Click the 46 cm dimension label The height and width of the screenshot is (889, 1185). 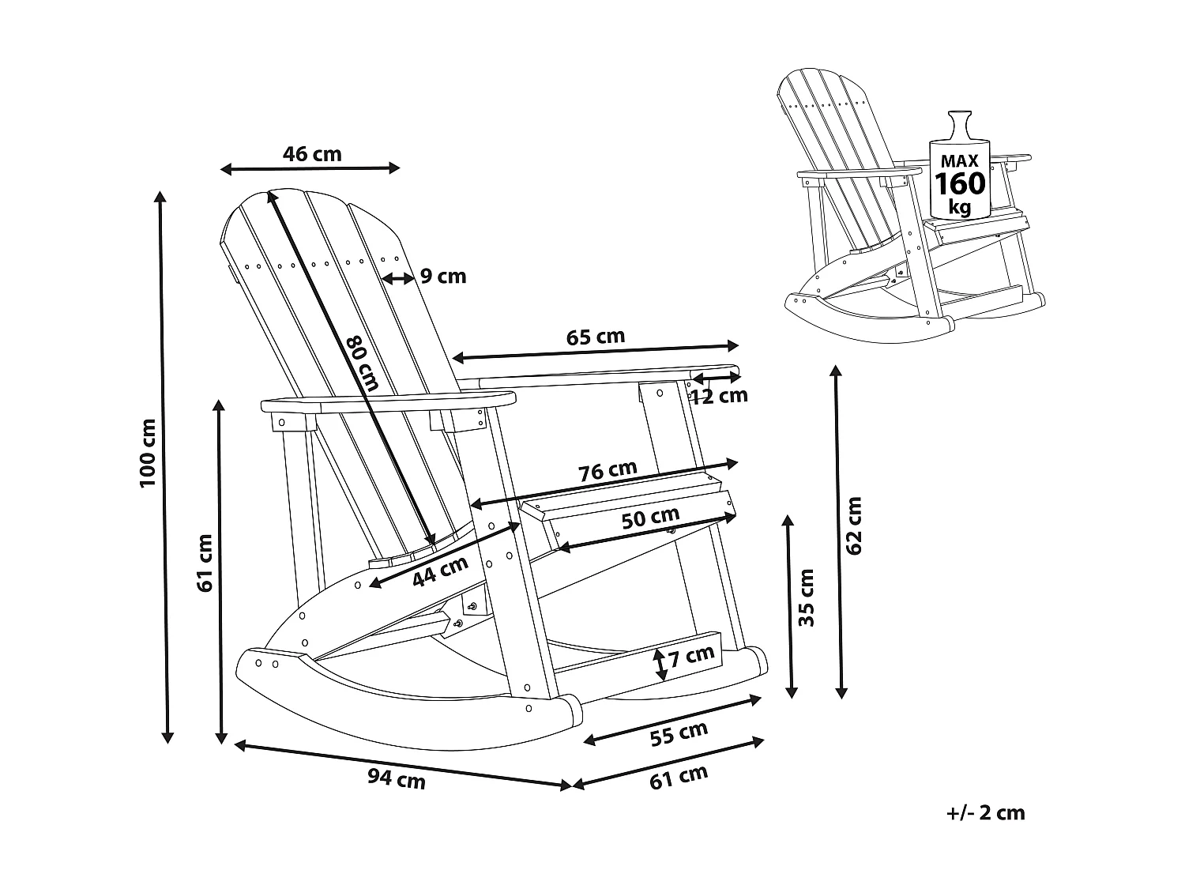click(x=312, y=153)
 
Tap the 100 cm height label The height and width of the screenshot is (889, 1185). click(x=148, y=463)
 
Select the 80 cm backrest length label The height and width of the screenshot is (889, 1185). click(x=363, y=363)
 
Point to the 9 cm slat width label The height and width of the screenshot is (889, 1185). click(x=442, y=277)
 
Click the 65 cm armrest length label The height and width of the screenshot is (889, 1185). click(x=596, y=337)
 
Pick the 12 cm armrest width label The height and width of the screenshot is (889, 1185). click(x=720, y=396)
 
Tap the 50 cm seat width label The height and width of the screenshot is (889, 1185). click(x=649, y=518)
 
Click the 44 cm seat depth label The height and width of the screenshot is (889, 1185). click(x=440, y=571)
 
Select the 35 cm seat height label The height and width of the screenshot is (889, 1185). click(x=806, y=597)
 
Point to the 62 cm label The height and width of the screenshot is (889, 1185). click(x=854, y=525)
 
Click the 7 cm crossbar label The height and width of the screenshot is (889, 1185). click(x=691, y=655)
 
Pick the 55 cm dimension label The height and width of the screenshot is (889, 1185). click(x=679, y=734)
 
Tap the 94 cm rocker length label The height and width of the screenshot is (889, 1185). click(x=397, y=780)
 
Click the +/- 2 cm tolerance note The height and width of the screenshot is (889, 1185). click(x=985, y=812)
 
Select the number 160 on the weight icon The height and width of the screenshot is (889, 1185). click(x=960, y=184)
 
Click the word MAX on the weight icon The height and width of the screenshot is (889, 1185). click(x=960, y=160)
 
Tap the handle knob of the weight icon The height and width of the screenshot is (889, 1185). click(x=960, y=120)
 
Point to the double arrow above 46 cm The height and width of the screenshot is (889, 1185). click(x=310, y=168)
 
